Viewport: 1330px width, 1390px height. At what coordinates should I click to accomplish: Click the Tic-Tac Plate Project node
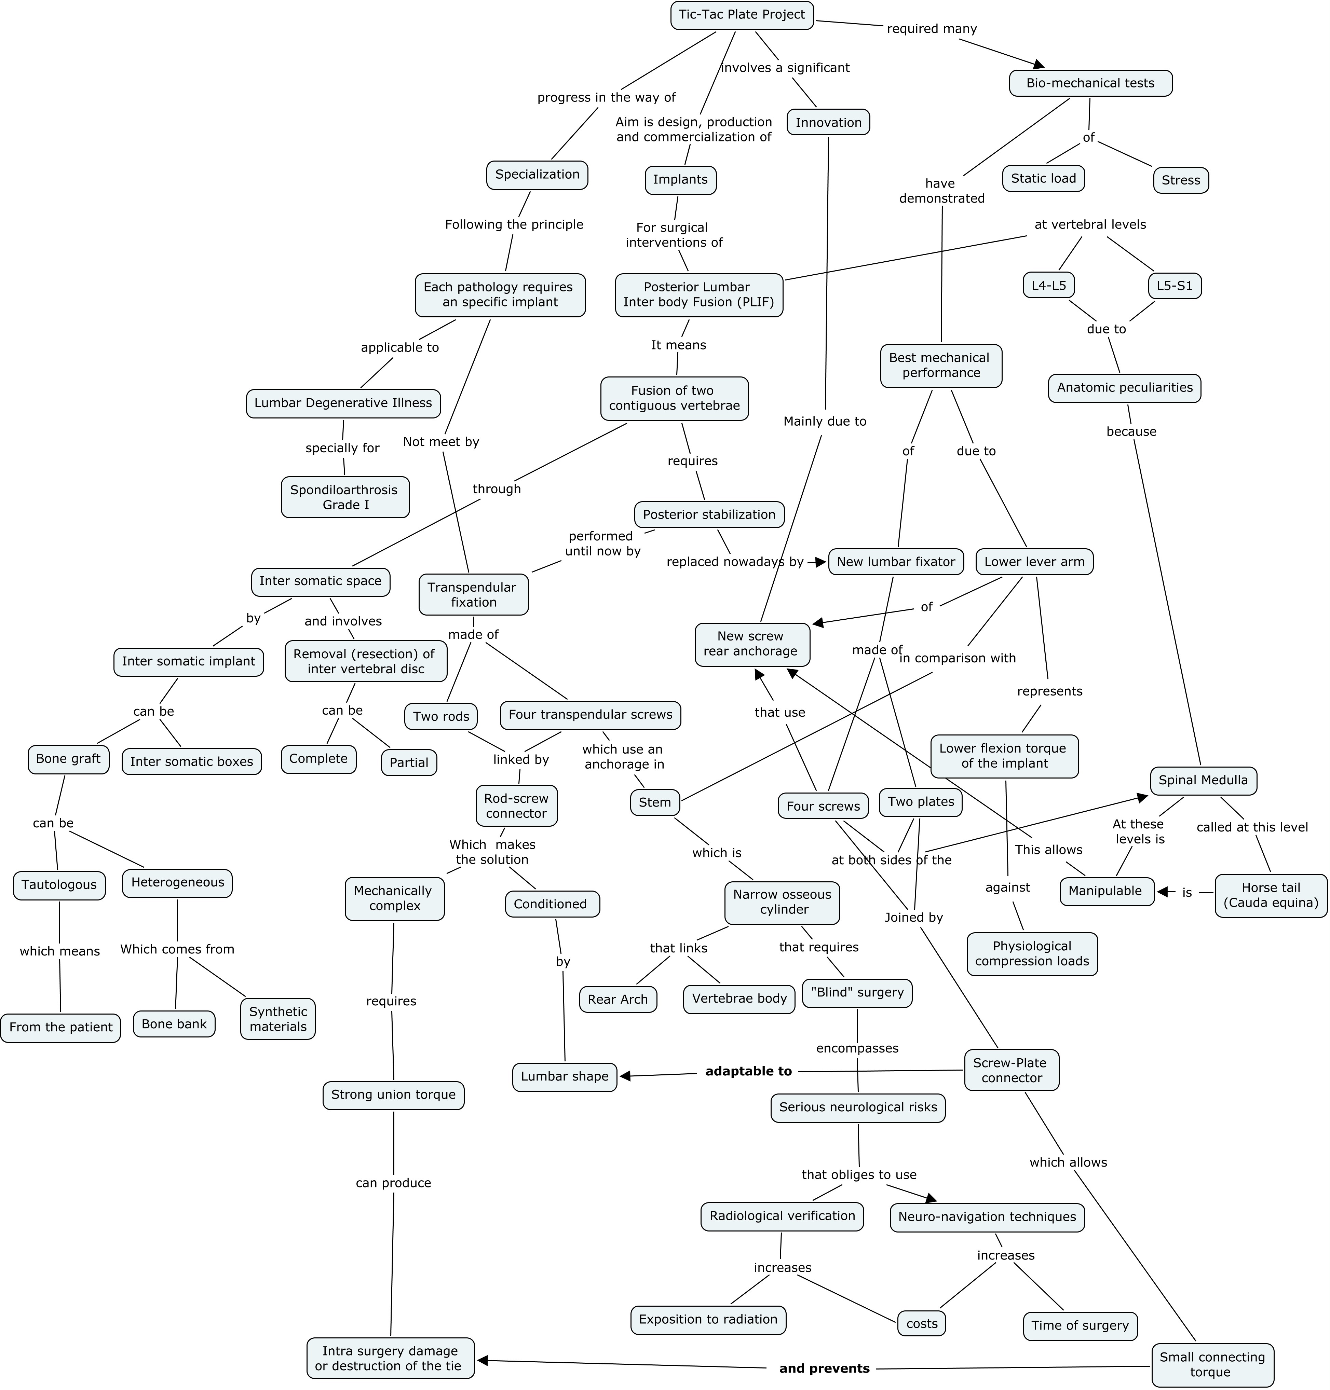pyautogui.click(x=742, y=15)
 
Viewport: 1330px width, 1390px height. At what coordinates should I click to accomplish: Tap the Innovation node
pyautogui.click(x=828, y=123)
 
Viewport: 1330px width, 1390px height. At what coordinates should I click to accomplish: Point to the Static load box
pyautogui.click(x=1043, y=179)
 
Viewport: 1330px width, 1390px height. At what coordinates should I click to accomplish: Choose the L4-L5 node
pyautogui.click(x=1048, y=286)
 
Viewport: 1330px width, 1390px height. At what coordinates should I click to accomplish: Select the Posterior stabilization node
pyautogui.click(x=709, y=514)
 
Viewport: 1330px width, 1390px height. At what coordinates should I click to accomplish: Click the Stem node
pyautogui.click(x=654, y=802)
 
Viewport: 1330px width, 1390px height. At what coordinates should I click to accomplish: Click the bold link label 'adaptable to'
pyautogui.click(x=748, y=1071)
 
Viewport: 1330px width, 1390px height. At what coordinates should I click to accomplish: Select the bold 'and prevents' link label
pyautogui.click(x=824, y=1368)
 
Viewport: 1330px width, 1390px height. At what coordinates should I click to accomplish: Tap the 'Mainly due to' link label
pyautogui.click(x=825, y=421)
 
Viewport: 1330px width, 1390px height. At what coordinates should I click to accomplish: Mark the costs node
pyautogui.click(x=922, y=1323)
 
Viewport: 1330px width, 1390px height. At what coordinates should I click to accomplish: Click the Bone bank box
pyautogui.click(x=174, y=1023)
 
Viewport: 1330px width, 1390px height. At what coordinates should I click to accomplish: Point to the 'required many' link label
pyautogui.click(x=932, y=29)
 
